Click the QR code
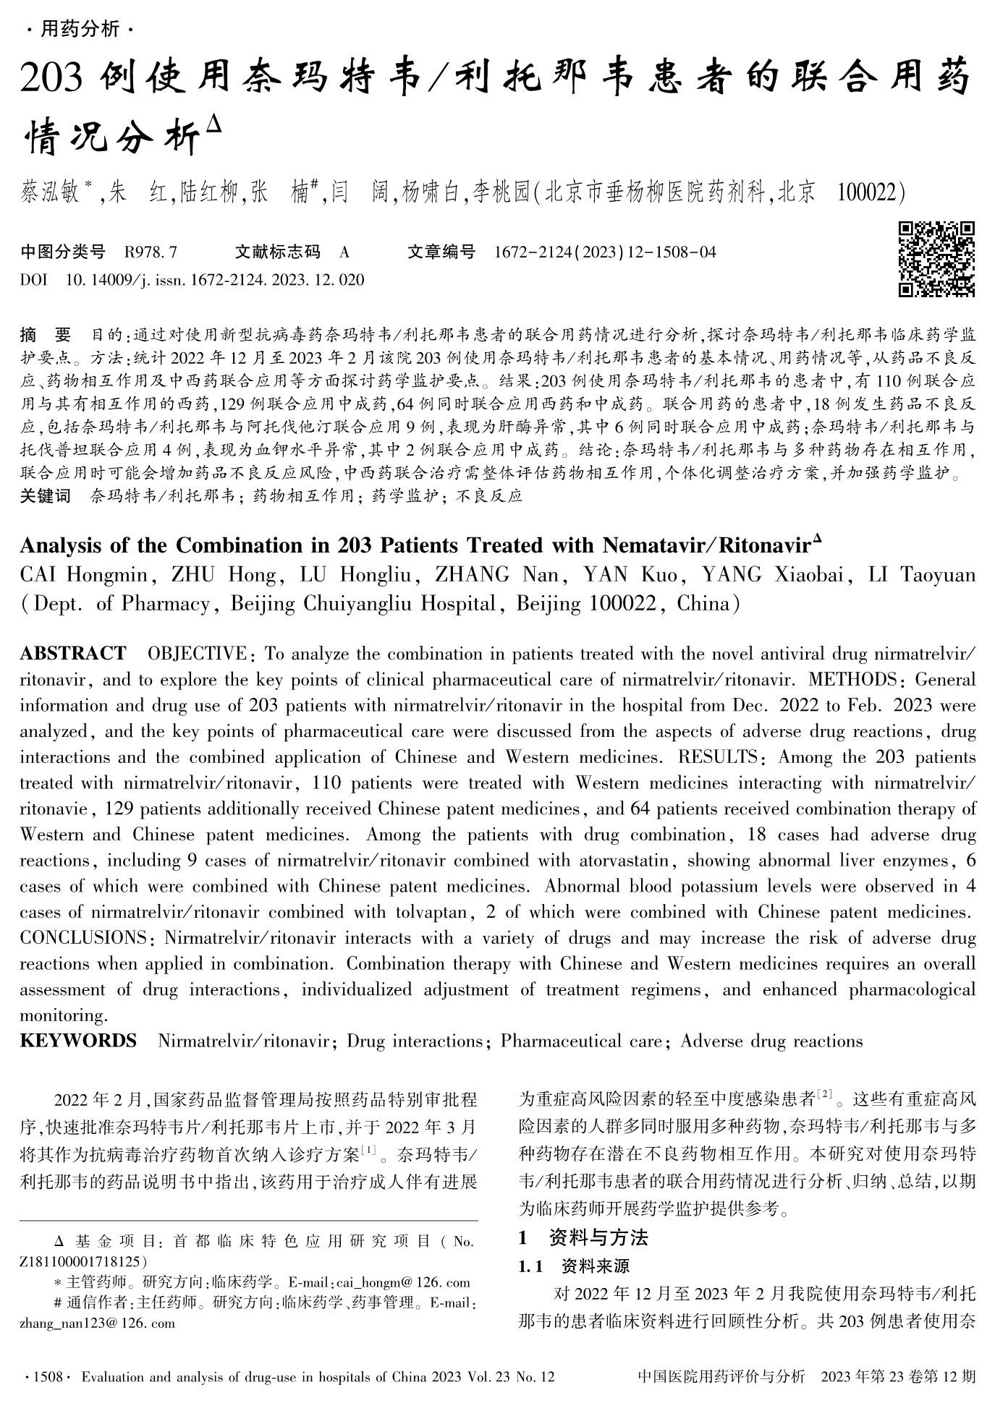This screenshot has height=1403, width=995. tap(936, 260)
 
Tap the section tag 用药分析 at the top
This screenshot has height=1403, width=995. tap(79, 30)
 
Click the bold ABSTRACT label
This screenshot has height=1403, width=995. tap(72, 654)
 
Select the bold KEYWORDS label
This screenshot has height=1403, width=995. tap(78, 1041)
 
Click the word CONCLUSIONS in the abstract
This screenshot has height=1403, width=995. tap(83, 938)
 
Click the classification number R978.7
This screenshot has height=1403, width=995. tap(151, 252)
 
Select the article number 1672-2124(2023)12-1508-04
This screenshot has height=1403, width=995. tap(605, 252)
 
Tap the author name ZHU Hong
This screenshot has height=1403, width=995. tap(224, 575)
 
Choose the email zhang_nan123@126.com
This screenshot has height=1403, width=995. tap(97, 1323)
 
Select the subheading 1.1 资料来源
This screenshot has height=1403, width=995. tap(575, 1266)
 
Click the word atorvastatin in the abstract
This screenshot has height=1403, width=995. tap(623, 861)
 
